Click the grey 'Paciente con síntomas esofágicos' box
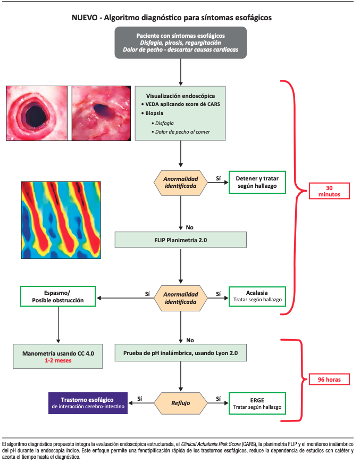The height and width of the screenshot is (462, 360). (x=180, y=42)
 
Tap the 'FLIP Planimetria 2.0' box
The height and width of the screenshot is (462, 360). (x=181, y=240)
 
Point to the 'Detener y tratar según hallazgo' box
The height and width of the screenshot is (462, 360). (x=257, y=183)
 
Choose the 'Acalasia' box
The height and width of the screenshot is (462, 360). (x=257, y=296)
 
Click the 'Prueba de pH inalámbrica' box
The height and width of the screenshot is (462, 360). (x=181, y=353)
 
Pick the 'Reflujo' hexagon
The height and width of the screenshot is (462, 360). (x=180, y=402)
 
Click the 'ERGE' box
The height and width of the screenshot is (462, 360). (x=257, y=402)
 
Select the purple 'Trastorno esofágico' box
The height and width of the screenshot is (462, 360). (x=88, y=402)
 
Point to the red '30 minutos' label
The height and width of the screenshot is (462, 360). (x=329, y=191)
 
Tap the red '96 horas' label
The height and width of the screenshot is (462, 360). (x=329, y=380)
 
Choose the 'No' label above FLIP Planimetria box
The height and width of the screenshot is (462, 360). (x=189, y=227)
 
